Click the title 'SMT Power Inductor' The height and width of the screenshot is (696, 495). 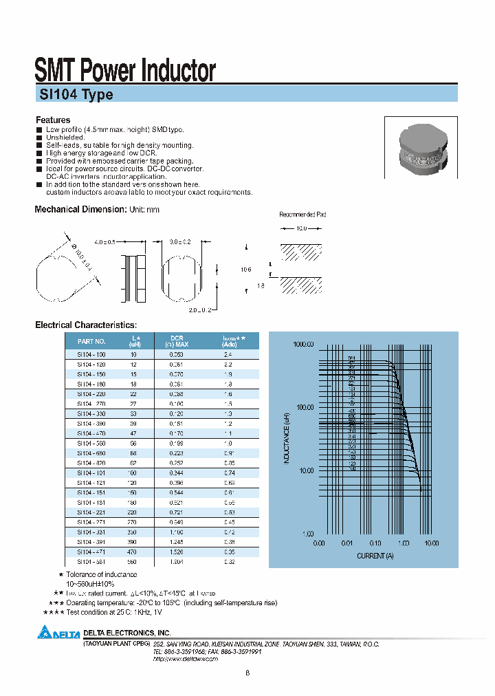pos(125,70)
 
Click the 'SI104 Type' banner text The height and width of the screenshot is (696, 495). pos(74,96)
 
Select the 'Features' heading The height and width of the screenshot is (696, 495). pos(53,120)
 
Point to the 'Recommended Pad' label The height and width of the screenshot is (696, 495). pos(302,215)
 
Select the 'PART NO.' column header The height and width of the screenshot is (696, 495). pos(91,341)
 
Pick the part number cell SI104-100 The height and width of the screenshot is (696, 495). pos(91,354)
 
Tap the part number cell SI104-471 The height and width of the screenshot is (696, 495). pos(91,552)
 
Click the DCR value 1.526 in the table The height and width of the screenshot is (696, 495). pos(177,552)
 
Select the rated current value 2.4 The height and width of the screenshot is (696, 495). pos(229,354)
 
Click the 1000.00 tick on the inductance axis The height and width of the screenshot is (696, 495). pos(302,344)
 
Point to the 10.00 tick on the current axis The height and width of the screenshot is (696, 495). pos(431,543)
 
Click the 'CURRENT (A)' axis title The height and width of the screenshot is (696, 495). pos(375,555)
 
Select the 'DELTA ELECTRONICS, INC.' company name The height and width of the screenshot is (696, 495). pos(126,632)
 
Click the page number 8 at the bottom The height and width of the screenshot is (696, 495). pos(247,673)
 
